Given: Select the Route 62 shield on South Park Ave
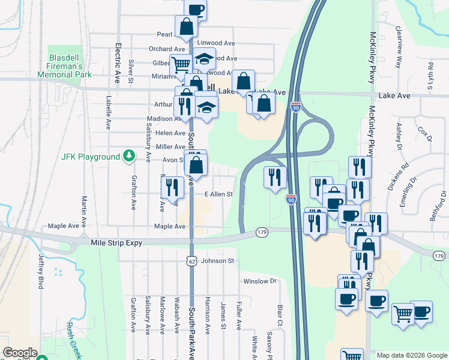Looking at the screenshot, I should click(191, 260).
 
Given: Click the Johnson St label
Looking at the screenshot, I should click(217, 261).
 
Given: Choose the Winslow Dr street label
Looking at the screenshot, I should click(259, 281).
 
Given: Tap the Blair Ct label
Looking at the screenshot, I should click(280, 316).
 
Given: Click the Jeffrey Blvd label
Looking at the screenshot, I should click(41, 272).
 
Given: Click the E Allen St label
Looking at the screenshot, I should click(218, 194).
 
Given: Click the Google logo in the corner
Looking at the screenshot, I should click(20, 353).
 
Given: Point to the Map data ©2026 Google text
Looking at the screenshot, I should click(412, 355).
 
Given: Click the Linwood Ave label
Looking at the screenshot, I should click(216, 43).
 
